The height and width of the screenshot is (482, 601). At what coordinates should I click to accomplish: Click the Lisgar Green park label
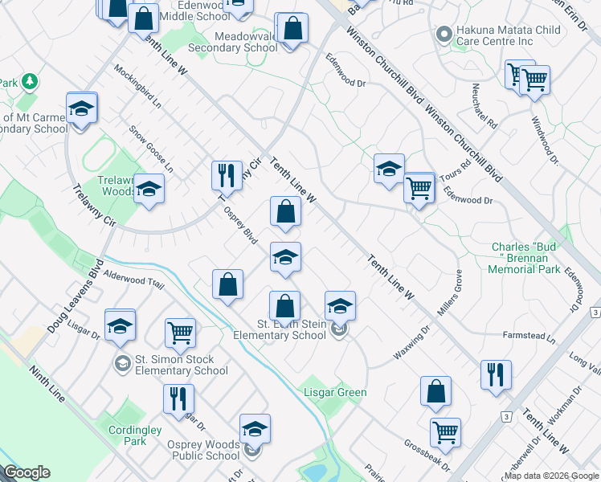(x=335, y=393)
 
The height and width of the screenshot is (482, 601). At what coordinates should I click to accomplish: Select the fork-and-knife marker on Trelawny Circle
(x=227, y=175)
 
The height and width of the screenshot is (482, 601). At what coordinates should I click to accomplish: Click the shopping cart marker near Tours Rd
(x=419, y=189)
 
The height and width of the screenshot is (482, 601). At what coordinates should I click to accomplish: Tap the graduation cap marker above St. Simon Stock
(x=120, y=325)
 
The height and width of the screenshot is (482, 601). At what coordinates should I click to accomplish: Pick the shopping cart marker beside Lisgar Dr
(x=180, y=332)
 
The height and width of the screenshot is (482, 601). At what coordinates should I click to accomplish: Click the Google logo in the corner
(x=27, y=472)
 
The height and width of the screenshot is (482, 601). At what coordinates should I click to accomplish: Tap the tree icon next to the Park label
(x=30, y=81)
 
